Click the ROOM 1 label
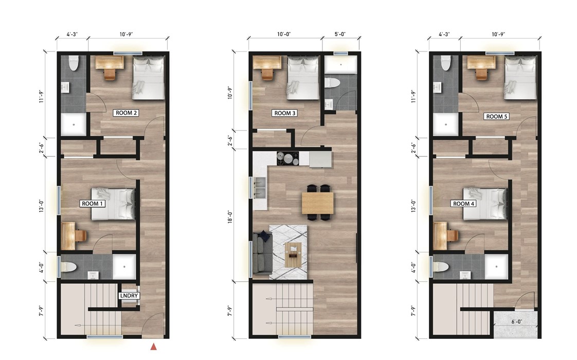tap(93, 204)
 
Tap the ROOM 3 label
tap(285, 113)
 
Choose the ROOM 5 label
tap(496, 117)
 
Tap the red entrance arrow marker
tap(153, 347)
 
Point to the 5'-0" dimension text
tap(339, 34)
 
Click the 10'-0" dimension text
tap(284, 34)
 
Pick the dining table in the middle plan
tap(318, 203)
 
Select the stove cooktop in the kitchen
tap(288, 158)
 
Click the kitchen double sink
tap(259, 188)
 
